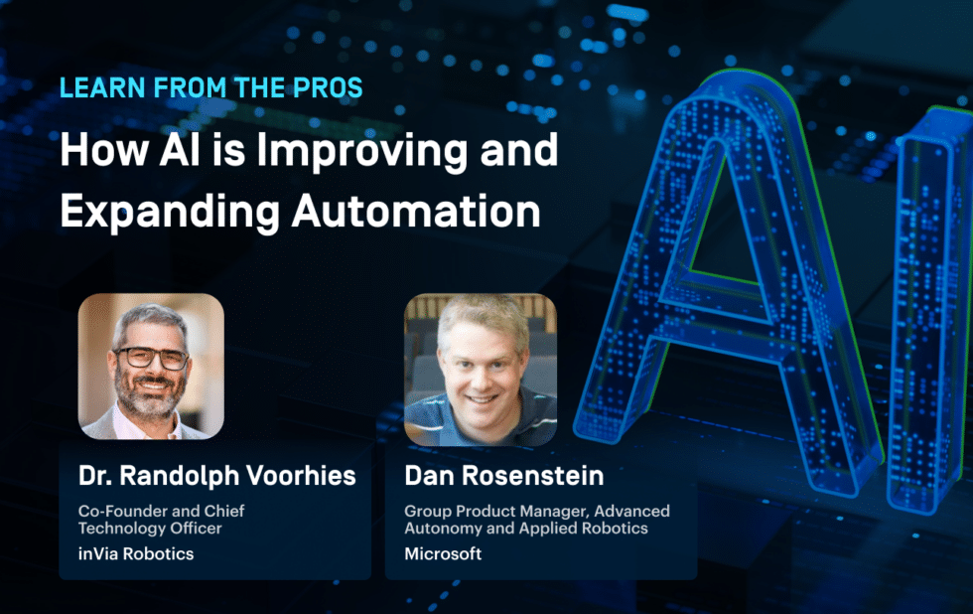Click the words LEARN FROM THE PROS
coord(210,87)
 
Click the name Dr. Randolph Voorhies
coord(216,476)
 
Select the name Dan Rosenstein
coord(503,476)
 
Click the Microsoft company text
coord(443,553)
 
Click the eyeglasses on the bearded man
coord(151,357)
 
